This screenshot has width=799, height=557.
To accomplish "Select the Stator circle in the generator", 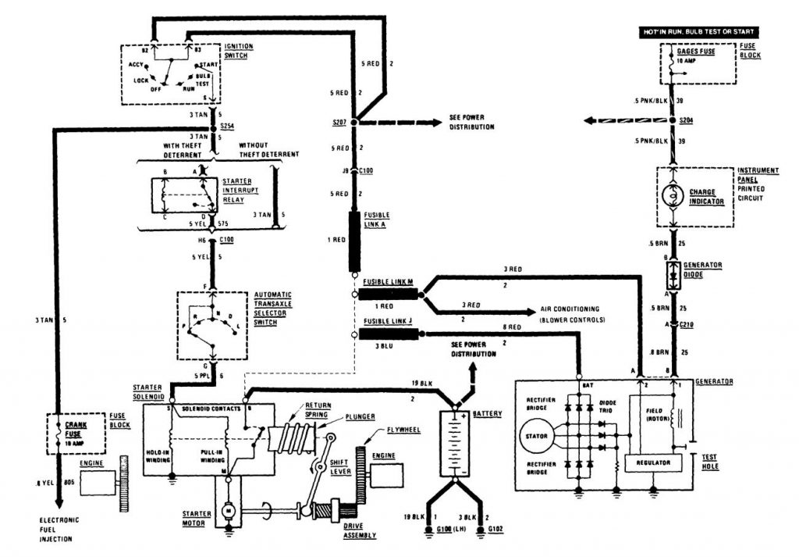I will (x=538, y=435).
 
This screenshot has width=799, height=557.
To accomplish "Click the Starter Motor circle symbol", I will (x=229, y=510).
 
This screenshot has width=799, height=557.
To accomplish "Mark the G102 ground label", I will (x=486, y=537).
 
